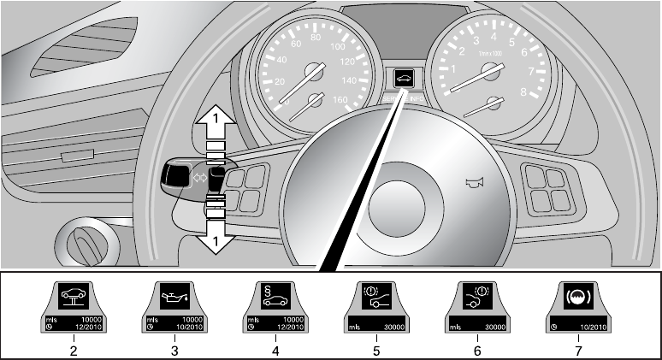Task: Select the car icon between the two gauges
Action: click(403, 76)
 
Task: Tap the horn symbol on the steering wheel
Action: click(469, 181)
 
